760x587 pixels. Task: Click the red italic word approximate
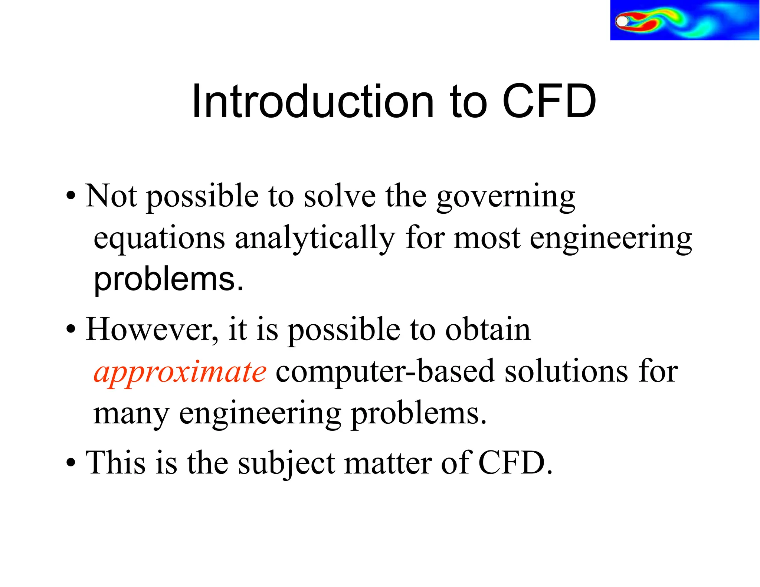[x=180, y=372]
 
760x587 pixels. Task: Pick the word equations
[x=159, y=238]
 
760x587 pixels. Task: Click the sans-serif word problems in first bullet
[x=168, y=280]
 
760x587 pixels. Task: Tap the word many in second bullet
[x=131, y=414]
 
